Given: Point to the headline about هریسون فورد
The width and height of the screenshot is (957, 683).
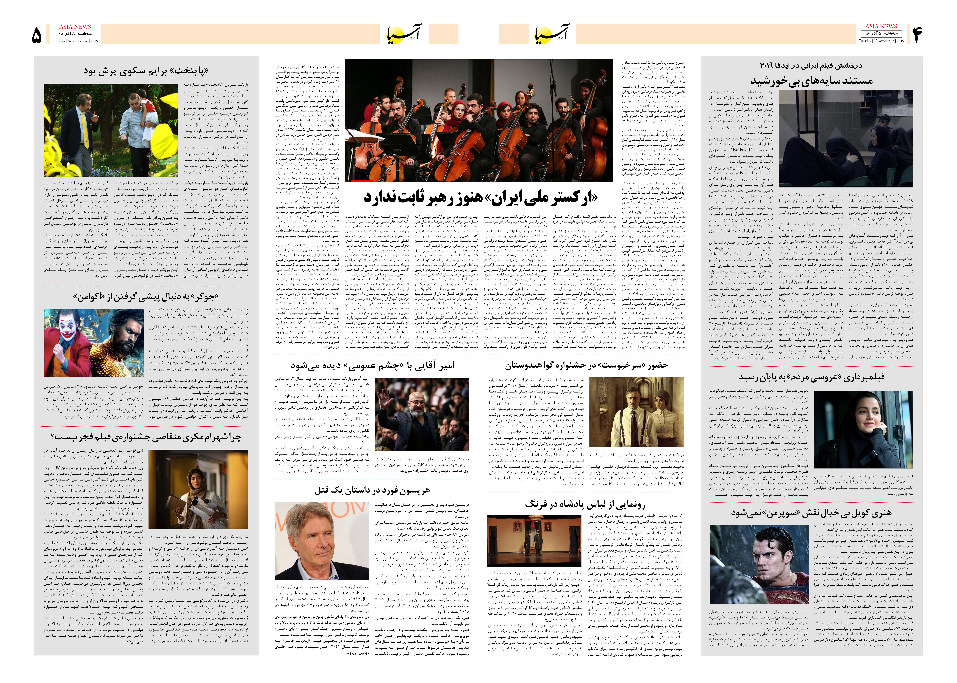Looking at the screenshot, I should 372,490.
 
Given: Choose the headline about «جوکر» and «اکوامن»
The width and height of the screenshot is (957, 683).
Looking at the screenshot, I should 146,297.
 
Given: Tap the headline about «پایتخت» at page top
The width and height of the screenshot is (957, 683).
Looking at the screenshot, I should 146,71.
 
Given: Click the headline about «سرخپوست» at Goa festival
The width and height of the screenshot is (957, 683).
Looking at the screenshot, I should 586,365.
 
